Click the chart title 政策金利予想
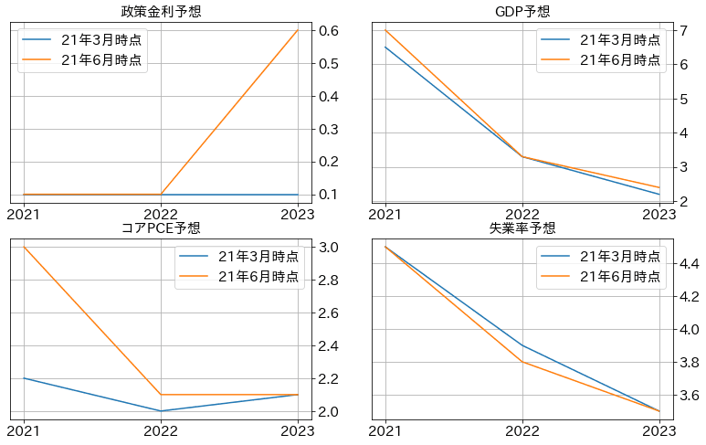[x=161, y=12]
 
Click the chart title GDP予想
[x=522, y=12]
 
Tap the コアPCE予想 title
[x=161, y=228]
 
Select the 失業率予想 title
[x=522, y=228]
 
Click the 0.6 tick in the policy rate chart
[x=330, y=31]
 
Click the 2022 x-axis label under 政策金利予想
[x=161, y=214]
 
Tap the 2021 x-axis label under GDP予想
[x=385, y=214]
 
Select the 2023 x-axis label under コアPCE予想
[x=298, y=430]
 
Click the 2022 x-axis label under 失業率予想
[x=522, y=430]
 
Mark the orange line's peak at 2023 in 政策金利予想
[x=298, y=31]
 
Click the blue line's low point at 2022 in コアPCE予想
[x=161, y=411]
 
